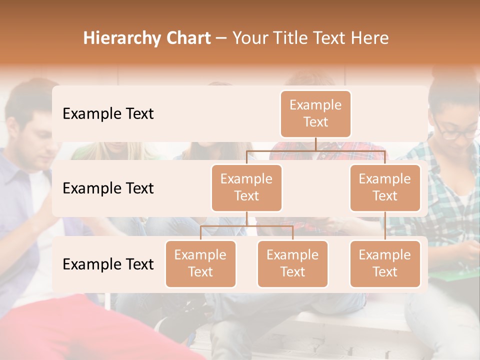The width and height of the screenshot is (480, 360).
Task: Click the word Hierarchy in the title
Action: pos(115,38)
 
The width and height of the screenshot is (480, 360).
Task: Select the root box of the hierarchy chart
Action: pos(315,114)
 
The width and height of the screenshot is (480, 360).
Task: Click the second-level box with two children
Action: pos(246,188)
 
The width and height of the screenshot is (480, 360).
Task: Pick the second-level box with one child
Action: pos(385,188)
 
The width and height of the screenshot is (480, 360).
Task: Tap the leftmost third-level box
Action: pos(200,264)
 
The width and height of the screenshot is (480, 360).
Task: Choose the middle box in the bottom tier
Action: pos(292,264)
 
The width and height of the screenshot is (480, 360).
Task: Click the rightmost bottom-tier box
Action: pos(385,264)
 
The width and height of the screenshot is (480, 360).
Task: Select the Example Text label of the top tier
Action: pos(108,114)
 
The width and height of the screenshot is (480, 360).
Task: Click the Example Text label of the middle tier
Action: pos(108,188)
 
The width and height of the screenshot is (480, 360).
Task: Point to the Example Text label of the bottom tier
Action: pos(108,264)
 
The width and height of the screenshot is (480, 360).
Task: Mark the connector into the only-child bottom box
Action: pos(385,226)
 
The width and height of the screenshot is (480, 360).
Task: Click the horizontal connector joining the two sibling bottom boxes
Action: pos(246,226)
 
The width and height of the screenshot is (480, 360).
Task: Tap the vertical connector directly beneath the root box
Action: pos(315,144)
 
